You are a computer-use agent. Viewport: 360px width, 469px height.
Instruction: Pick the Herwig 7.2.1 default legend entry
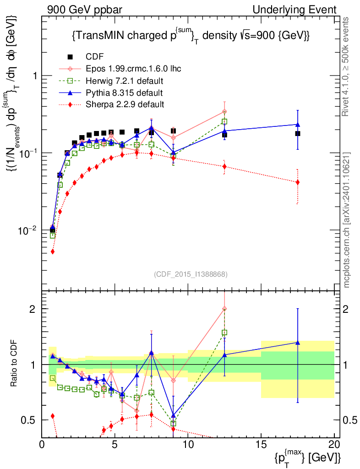[x=125, y=81]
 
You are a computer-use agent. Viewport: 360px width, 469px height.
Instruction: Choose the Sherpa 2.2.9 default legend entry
[x=125, y=104]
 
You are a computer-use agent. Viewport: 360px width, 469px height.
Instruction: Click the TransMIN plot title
[x=191, y=36]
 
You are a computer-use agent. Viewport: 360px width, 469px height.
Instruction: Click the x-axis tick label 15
[x=261, y=444]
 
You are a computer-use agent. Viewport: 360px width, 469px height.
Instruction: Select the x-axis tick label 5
[x=115, y=444]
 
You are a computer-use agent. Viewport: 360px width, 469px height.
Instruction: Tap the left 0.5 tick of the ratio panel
[x=30, y=420]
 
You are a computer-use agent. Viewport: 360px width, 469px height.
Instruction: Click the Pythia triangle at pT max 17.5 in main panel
[x=298, y=124]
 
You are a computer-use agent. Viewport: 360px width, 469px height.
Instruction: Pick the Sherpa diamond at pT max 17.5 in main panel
[x=298, y=182]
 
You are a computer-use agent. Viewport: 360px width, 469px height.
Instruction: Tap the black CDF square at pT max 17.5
[x=298, y=133]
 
